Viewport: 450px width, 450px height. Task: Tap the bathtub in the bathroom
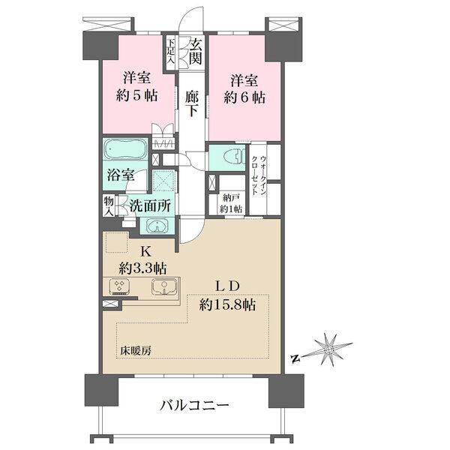click(x=127, y=148)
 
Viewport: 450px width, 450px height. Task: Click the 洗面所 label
click(x=149, y=205)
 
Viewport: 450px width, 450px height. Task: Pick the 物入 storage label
click(x=108, y=205)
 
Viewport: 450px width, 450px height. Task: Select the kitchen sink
click(x=163, y=286)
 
